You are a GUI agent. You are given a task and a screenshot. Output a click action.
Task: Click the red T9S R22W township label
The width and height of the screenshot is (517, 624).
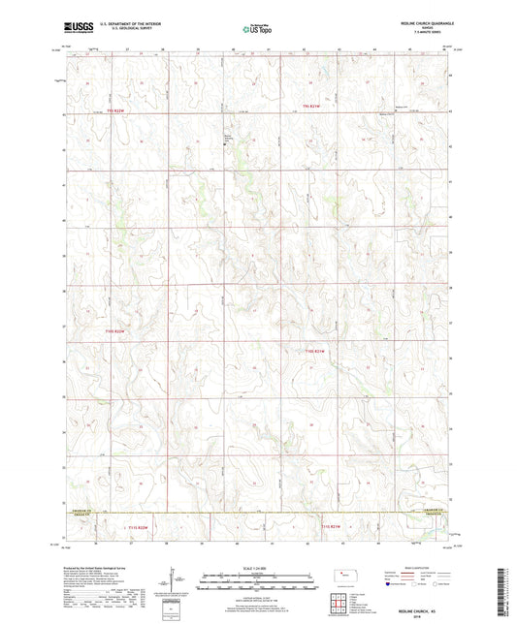pos(114,110)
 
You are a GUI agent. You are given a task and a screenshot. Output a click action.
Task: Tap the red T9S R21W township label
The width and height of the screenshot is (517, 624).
pos(309,106)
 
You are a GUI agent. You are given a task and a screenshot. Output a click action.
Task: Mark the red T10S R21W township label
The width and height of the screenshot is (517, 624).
pos(316,350)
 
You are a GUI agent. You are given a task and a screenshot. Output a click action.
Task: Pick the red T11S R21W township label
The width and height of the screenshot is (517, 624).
pos(330,526)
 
